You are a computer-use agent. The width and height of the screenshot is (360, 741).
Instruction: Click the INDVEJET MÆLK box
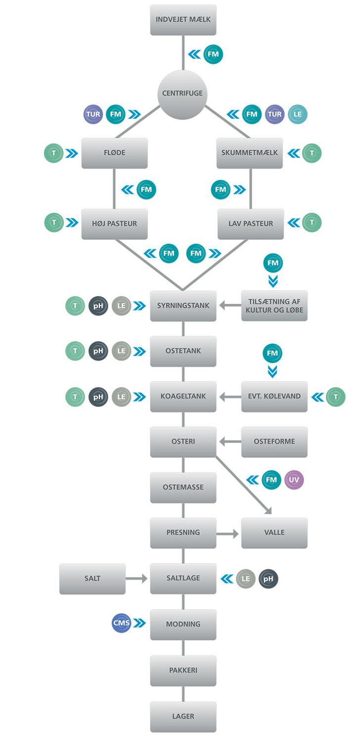point(183,20)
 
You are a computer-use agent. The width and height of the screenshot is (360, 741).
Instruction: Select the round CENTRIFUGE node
point(182,94)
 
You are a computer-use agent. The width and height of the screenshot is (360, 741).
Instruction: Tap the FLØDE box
point(114,153)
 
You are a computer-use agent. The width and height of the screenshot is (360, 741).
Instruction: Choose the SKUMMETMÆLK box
point(250,153)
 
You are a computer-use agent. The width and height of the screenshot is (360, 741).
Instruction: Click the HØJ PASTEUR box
point(114,224)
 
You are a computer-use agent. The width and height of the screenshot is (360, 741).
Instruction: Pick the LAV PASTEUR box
point(251,224)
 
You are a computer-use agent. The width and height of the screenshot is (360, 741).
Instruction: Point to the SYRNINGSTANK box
point(183,306)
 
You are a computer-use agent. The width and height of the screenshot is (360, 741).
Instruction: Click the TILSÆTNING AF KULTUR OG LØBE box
point(274,306)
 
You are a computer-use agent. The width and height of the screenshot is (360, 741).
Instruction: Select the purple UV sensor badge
point(294,479)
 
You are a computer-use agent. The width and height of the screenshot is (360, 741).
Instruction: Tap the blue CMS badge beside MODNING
point(122,623)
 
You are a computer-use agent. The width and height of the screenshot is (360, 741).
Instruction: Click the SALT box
point(92,578)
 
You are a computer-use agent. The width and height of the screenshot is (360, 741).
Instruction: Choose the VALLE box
point(274,533)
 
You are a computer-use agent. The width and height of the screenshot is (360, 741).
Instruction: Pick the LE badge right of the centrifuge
point(298,115)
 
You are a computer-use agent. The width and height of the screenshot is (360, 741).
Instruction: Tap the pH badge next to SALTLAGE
point(269,578)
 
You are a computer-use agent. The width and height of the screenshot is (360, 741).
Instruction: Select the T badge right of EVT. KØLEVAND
point(336,396)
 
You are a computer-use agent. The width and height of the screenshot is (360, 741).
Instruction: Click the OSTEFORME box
point(274,442)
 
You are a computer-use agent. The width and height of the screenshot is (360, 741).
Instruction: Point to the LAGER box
point(183,716)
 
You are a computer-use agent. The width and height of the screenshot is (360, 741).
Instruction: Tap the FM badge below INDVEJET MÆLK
point(213,54)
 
